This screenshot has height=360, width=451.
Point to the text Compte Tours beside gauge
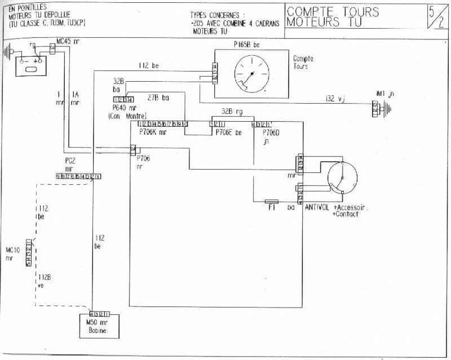[303, 63]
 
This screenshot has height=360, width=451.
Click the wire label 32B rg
[231, 111]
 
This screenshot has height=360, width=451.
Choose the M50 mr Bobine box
[101, 326]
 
